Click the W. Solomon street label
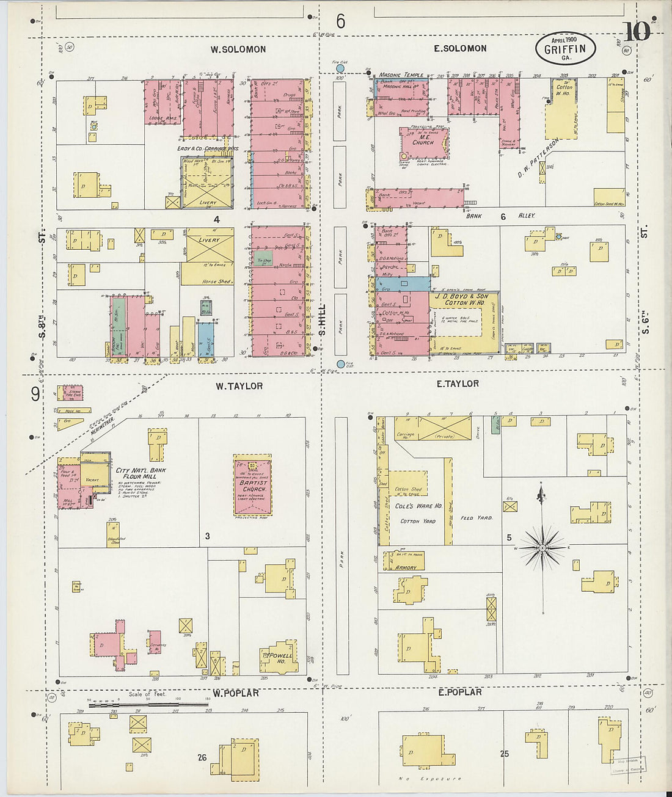pyautogui.click(x=238, y=49)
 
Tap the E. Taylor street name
pyautogui.click(x=458, y=384)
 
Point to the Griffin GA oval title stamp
pyautogui.click(x=565, y=49)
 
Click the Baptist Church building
pyautogui.click(x=252, y=486)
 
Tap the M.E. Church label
pyautogui.click(x=423, y=140)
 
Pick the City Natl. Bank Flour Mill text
pyautogui.click(x=141, y=473)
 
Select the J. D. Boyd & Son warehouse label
pyautogui.click(x=466, y=299)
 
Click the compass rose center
pyautogui.click(x=542, y=548)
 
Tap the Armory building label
pyautogui.click(x=406, y=567)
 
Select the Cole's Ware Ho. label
pyautogui.click(x=418, y=506)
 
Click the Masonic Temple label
pyautogui.click(x=401, y=75)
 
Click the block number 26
pyautogui.click(x=202, y=757)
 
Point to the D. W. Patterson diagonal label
pyautogui.click(x=538, y=158)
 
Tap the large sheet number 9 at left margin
pyautogui.click(x=35, y=395)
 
